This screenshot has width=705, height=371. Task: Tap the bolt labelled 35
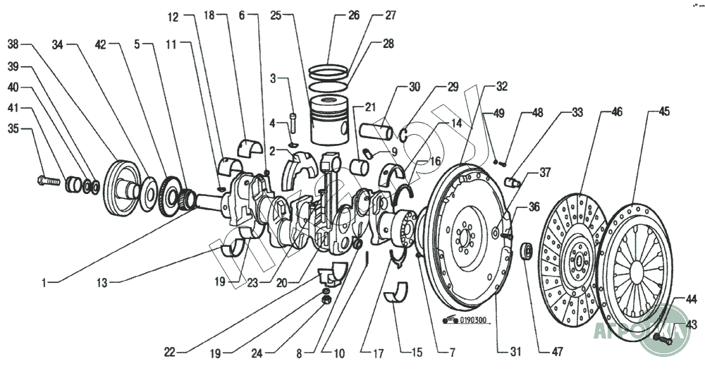(x=46, y=181)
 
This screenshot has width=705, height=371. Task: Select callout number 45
(x=663, y=111)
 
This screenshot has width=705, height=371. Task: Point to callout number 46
(x=617, y=111)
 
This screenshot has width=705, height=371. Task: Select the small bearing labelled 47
(x=526, y=250)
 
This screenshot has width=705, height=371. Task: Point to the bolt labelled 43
(x=659, y=339)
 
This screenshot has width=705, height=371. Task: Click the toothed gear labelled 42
(x=172, y=194)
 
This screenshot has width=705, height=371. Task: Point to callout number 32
(x=501, y=87)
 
